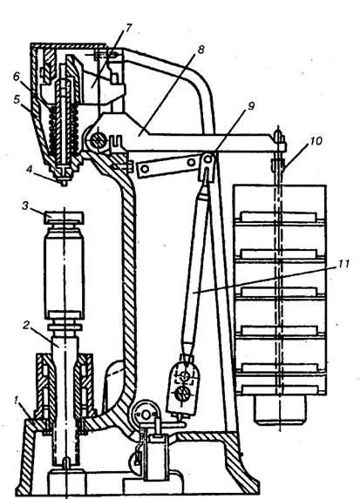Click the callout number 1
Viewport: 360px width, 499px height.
coord(17,401)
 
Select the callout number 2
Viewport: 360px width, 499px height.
coord(26,325)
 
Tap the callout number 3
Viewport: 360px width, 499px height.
coord(25,206)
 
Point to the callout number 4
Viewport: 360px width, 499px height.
coord(30,169)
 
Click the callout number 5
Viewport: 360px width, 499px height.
coord(17,99)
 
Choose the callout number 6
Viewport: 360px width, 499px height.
coord(17,78)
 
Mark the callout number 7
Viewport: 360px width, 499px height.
coord(128,28)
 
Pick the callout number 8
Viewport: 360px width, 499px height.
coord(200,50)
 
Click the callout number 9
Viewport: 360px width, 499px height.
coord(251,106)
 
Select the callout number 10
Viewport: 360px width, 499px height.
coord(316,140)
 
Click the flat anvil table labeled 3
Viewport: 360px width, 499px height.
coord(64,217)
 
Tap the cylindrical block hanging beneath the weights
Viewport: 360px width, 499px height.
coord(280,410)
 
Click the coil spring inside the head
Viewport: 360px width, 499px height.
coord(64,128)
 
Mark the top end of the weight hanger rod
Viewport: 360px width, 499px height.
coord(278,128)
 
